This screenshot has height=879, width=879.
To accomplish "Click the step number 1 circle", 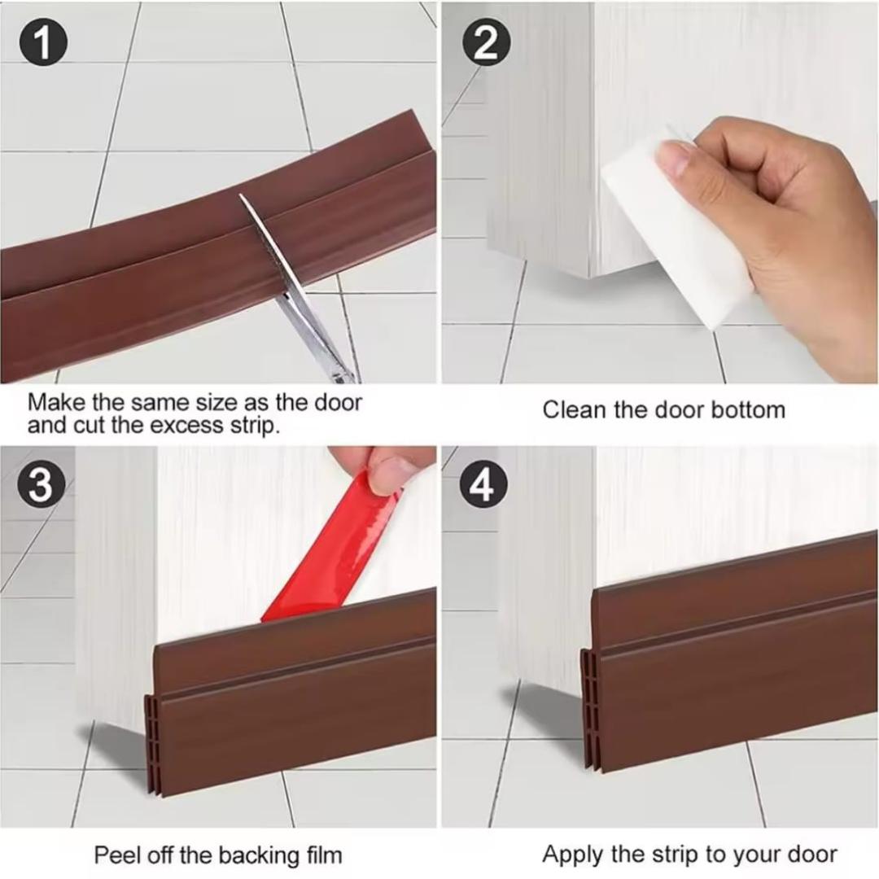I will tap(42, 44).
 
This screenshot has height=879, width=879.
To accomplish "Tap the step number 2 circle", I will tap(486, 44).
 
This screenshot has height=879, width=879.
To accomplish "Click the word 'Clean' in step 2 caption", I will tap(575, 409).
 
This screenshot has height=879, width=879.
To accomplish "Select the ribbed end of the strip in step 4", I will tap(589, 708).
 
